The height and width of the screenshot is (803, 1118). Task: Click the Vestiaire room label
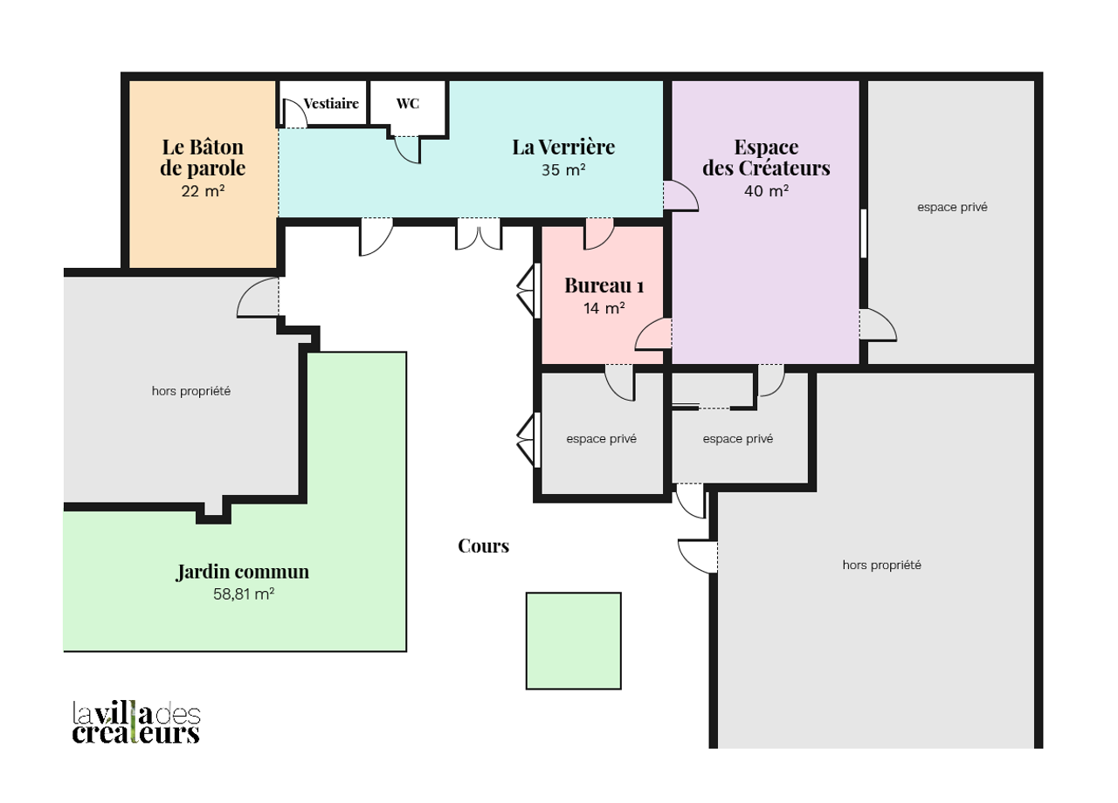[x=331, y=104]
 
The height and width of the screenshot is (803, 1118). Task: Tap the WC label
[x=408, y=104]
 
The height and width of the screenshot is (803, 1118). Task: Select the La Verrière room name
[x=563, y=148]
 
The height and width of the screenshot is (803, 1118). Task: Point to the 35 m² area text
[x=563, y=170]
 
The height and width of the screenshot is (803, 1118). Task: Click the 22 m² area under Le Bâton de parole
[x=203, y=191]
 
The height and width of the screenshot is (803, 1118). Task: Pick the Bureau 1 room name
[x=604, y=285]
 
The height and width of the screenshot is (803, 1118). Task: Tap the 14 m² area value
[x=604, y=308]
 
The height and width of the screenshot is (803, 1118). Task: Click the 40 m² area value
[x=767, y=191]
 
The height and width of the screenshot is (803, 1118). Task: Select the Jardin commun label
[x=243, y=572]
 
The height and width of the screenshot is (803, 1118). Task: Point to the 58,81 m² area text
[x=244, y=594]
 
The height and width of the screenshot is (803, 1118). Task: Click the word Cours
[x=484, y=546]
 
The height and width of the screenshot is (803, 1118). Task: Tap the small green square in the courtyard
[x=574, y=641]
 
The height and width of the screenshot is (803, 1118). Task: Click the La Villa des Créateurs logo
[x=136, y=723]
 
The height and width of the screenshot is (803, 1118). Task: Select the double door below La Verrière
[x=479, y=234]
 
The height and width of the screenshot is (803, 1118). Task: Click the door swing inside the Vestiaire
[x=295, y=113]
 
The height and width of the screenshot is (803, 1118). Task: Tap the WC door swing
[x=407, y=150]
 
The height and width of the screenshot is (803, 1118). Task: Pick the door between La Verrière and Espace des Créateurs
[x=680, y=196]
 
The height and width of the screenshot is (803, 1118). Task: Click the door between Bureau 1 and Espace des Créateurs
[x=653, y=333]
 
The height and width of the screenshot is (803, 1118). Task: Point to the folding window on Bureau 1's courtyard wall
[x=529, y=291]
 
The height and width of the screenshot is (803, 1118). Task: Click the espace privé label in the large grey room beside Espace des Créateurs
[x=952, y=208]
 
